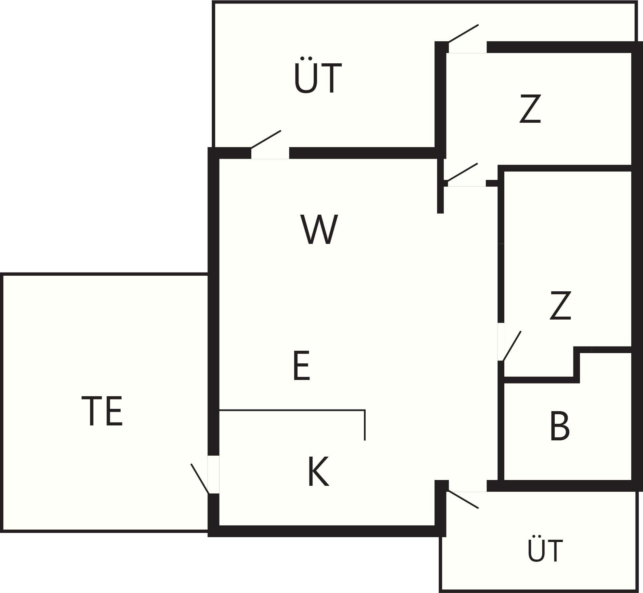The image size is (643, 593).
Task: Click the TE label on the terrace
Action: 102,411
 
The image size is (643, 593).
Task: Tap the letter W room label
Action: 319,229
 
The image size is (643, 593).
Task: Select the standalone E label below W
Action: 302,365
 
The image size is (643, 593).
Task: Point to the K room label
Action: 319,472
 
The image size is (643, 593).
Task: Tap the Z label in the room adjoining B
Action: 561,305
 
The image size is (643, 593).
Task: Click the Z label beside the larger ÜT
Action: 530,108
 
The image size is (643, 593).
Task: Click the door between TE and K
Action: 205,479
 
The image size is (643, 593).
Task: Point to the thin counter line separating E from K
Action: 292,410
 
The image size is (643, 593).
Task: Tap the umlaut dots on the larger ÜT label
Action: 306,58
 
